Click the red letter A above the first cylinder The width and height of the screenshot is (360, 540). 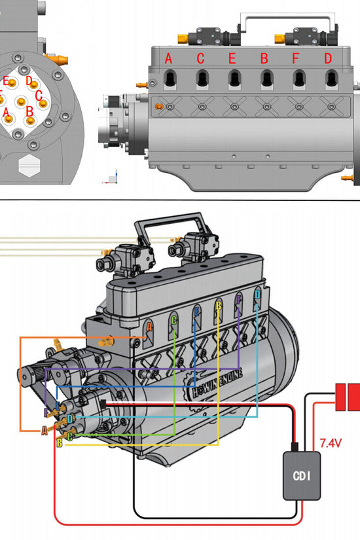pos(168,58)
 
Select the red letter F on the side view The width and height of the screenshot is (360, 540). pos(296,58)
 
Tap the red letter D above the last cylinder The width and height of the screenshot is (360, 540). pos(327,58)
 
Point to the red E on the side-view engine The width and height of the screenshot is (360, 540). pos(232,58)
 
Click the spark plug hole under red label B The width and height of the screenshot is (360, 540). pos(265,79)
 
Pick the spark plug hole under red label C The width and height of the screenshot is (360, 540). pos(201,79)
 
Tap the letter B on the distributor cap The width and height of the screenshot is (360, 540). pos(29,110)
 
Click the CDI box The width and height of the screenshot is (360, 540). pos(302,475)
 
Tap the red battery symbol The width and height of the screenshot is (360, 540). pos(348,397)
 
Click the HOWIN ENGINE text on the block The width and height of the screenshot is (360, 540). pos(217,382)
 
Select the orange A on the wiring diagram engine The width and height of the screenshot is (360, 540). pos(149,326)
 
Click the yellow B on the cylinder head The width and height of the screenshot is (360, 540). pos(218,304)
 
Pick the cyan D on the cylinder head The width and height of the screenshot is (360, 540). pos(257,295)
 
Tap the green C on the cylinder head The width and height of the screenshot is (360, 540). pos(173,320)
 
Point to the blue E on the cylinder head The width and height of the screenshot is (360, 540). pos(196,312)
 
